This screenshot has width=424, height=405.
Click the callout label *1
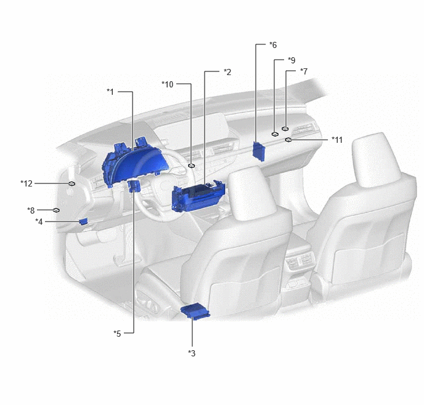tap(110, 92)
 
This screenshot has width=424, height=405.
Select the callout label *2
tap(227, 72)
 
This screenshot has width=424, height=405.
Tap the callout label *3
tap(192, 353)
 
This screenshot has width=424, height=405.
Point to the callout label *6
tap(273, 45)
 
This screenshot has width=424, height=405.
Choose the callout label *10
tap(168, 84)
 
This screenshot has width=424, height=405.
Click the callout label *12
tap(26, 183)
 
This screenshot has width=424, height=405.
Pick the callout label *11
tap(337, 140)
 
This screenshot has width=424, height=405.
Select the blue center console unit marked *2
tap(198, 196)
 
